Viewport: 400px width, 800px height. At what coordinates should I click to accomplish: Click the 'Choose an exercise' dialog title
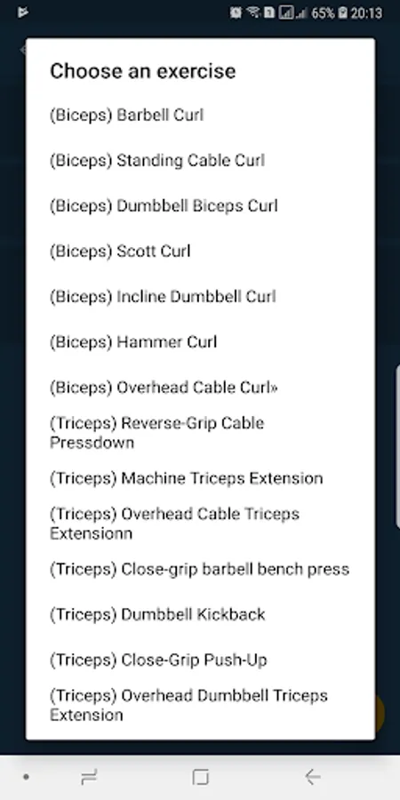(x=143, y=71)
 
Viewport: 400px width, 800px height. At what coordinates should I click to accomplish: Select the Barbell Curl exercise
(x=126, y=115)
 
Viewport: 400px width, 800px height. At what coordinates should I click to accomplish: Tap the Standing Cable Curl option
(x=157, y=160)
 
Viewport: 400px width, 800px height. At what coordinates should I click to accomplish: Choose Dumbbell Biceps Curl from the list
(x=164, y=205)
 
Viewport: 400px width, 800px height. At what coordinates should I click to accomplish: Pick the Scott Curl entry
(x=120, y=251)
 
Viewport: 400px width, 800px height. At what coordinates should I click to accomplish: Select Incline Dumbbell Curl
(x=163, y=296)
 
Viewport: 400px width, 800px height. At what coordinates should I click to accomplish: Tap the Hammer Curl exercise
(x=133, y=342)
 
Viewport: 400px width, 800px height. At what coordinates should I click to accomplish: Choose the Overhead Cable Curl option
(x=164, y=388)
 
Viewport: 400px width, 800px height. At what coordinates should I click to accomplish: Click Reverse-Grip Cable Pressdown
(x=157, y=433)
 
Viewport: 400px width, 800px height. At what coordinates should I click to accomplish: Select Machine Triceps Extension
(x=187, y=478)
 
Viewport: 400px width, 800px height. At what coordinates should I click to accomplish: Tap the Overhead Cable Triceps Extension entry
(x=174, y=524)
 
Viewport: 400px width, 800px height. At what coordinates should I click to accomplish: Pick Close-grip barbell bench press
(x=199, y=569)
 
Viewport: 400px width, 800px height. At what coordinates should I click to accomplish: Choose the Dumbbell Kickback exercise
(x=157, y=614)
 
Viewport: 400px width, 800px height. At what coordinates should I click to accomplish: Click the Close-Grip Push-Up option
(x=158, y=660)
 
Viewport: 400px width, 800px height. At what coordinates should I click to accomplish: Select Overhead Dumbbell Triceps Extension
(x=188, y=705)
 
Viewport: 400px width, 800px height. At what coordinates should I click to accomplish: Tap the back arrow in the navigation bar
(x=312, y=777)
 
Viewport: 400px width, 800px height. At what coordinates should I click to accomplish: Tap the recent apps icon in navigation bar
(x=89, y=777)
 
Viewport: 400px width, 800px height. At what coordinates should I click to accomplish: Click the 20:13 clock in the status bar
(x=366, y=12)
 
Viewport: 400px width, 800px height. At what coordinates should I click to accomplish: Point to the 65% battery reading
(x=323, y=12)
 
